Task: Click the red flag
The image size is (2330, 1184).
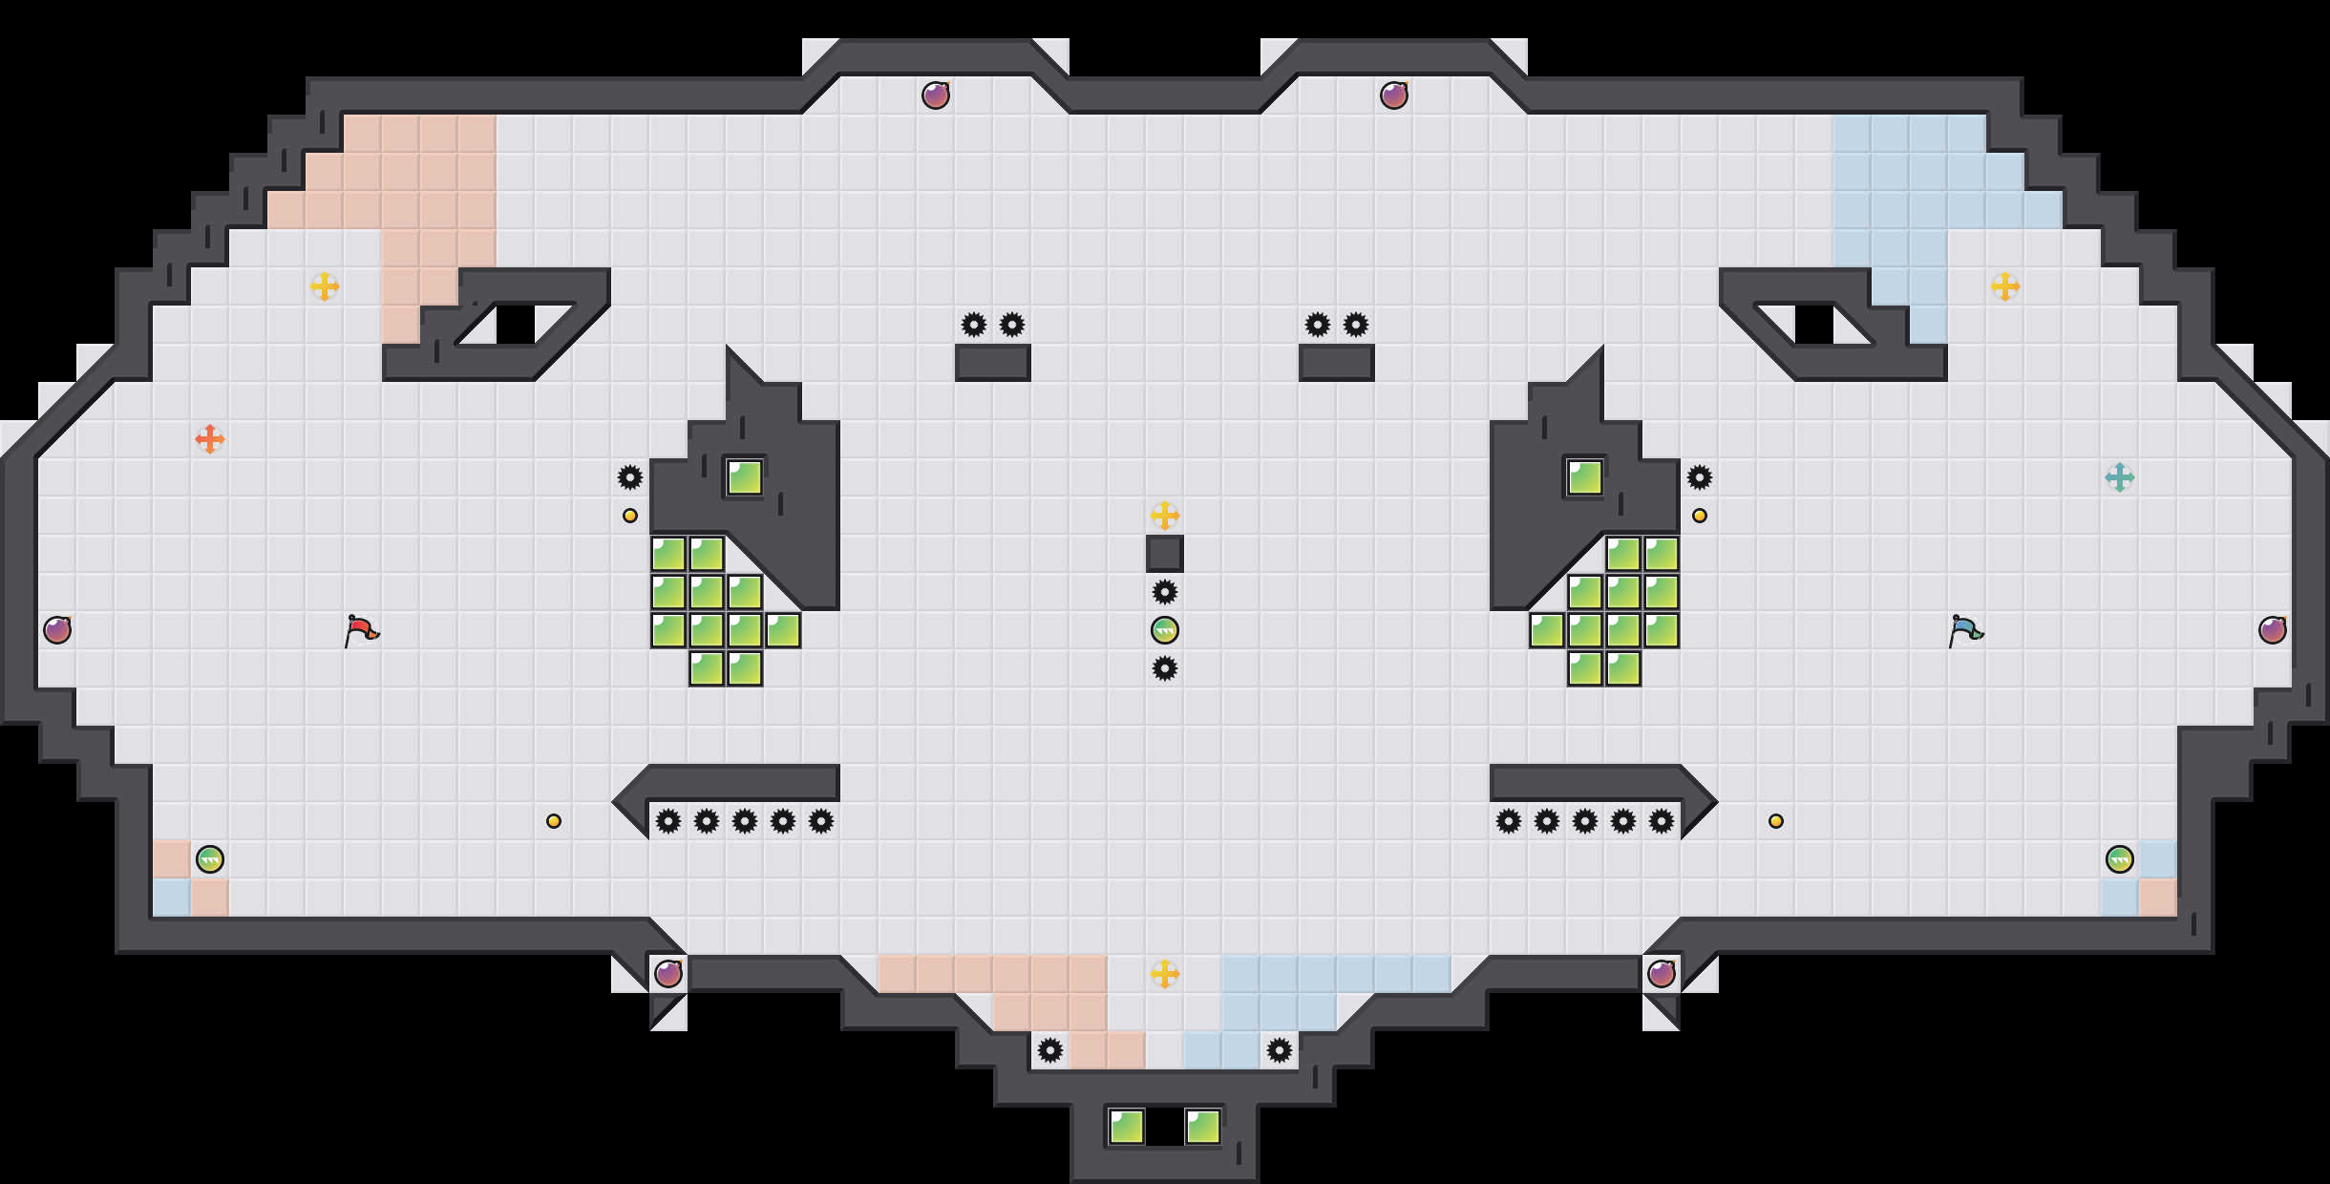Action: pyautogui.click(x=361, y=630)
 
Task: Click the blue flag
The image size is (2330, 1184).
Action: pyautogui.click(x=1965, y=630)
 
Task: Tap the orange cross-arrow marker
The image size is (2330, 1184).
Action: pyautogui.click(x=210, y=439)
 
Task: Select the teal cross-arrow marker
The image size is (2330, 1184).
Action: pyautogui.click(x=2120, y=477)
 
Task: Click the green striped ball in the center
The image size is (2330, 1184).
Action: pyautogui.click(x=1165, y=630)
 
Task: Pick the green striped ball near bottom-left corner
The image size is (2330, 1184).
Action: pyautogui.click(x=210, y=859)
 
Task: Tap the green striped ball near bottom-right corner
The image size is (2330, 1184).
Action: pyautogui.click(x=2120, y=859)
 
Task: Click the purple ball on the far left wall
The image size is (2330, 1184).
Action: pyautogui.click(x=57, y=630)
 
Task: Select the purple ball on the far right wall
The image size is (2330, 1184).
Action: pyautogui.click(x=2273, y=630)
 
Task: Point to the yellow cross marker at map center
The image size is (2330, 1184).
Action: pyautogui.click(x=1165, y=516)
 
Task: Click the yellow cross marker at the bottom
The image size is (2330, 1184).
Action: pyautogui.click(x=1165, y=974)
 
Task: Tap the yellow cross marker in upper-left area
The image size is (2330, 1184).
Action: pyautogui.click(x=325, y=286)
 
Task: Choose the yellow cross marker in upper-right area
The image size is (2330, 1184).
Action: pyautogui.click(x=2005, y=286)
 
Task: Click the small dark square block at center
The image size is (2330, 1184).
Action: pyautogui.click(x=1165, y=554)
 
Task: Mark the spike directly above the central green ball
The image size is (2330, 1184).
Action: pyautogui.click(x=1165, y=592)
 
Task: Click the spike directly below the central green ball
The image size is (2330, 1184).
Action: pyautogui.click(x=1165, y=668)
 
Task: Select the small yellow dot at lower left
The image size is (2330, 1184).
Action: pyautogui.click(x=554, y=821)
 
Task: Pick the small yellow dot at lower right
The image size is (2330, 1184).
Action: pyautogui.click(x=1776, y=821)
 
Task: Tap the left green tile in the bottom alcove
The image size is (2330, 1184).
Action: pyautogui.click(x=1127, y=1127)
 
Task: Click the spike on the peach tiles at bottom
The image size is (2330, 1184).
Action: pyautogui.click(x=1050, y=1050)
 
